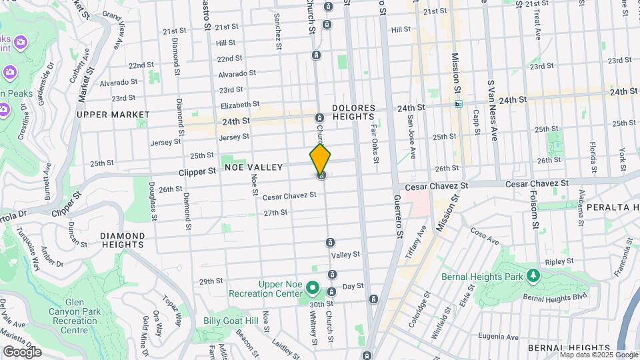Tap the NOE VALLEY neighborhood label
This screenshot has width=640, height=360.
tap(254, 167)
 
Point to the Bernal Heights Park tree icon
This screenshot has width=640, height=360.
tap(532, 275)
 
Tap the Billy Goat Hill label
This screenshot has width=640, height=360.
tap(229, 321)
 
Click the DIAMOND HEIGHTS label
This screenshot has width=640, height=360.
tap(123, 241)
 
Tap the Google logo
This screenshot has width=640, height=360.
tap(22, 351)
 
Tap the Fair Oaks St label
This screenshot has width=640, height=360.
tap(375, 144)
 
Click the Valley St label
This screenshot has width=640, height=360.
tap(345, 255)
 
